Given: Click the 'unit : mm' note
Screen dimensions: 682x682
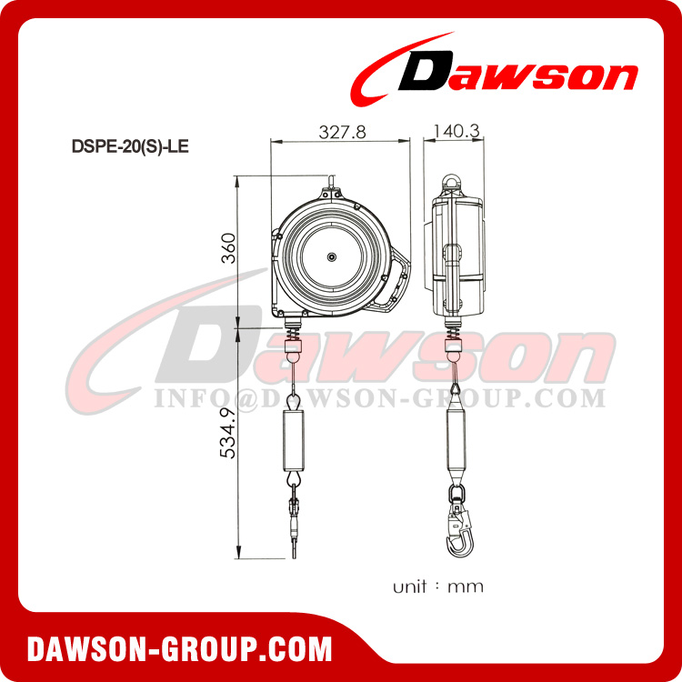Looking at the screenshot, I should tap(438, 587).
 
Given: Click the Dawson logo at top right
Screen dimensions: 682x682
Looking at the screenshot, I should tap(496, 74).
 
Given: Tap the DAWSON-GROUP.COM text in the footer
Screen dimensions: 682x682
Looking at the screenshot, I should tap(179, 649).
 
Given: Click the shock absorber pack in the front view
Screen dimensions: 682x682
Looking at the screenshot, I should tap(296, 441).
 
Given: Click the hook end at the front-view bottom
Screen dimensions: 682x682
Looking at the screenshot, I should tap(296, 546).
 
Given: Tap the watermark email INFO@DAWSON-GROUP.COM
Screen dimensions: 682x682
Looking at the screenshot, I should tap(379, 398).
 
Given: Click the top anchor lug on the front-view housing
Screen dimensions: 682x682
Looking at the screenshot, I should tap(330, 192).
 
